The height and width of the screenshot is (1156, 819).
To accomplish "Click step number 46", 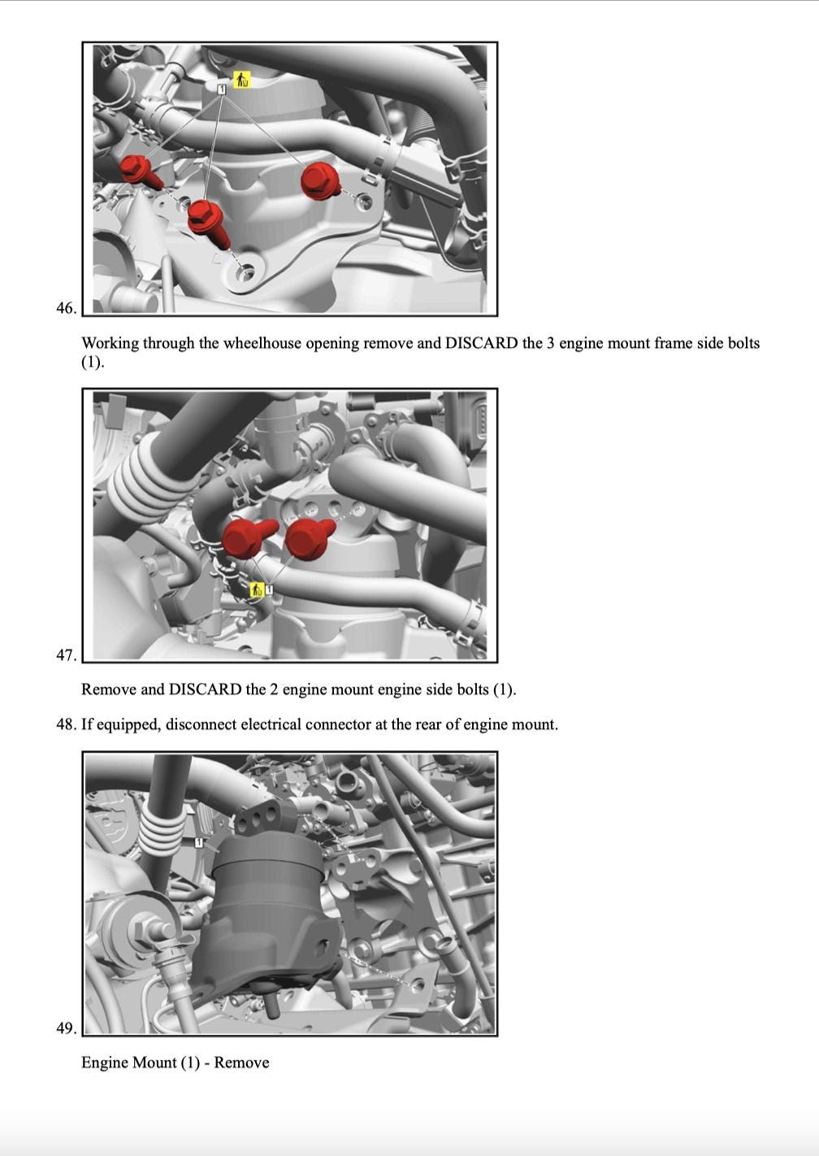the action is pos(67,308).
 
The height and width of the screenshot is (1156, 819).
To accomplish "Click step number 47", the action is pos(67,655).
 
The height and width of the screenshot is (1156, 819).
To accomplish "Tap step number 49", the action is pos(67,1028).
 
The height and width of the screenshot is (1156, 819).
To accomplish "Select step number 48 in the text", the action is pos(67,724).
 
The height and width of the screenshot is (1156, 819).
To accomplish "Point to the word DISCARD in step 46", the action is pos(481,343).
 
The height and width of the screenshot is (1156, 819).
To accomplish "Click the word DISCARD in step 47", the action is pos(206,689).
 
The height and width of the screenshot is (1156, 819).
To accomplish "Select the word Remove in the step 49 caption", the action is pos(241,1063).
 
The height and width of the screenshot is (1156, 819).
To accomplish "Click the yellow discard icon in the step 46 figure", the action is pos(241,80).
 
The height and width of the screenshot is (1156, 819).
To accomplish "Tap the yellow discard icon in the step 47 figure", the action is pos(257,589).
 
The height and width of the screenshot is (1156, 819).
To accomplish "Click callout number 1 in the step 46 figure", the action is pos(222,89).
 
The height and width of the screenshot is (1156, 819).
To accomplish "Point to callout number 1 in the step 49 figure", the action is pos(199,843).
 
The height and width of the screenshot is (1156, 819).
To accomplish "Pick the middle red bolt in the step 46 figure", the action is pos(208,222).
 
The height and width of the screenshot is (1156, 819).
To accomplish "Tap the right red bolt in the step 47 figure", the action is pos(309,539).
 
